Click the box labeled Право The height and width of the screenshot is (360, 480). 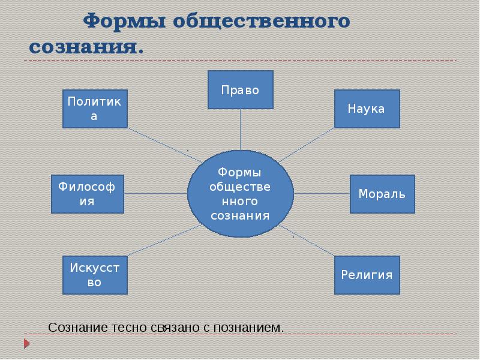[x=240, y=90]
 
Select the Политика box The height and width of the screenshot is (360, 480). [x=95, y=109]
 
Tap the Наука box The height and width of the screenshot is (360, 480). [x=367, y=109]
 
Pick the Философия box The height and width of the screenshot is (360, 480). [x=88, y=194]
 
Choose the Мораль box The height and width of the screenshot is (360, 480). [x=382, y=194]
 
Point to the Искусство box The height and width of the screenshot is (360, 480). [x=95, y=275]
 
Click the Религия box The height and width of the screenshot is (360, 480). [x=367, y=275]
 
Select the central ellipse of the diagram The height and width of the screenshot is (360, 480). [x=240, y=193]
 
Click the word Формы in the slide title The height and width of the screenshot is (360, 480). [x=124, y=21]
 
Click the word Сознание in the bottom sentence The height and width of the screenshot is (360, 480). [x=78, y=328]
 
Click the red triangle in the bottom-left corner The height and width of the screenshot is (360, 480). [x=26, y=344]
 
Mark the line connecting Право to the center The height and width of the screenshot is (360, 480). [x=240, y=129]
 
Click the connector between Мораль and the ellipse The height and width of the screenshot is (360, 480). [x=322, y=193]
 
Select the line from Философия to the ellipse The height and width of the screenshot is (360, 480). [x=155, y=193]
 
